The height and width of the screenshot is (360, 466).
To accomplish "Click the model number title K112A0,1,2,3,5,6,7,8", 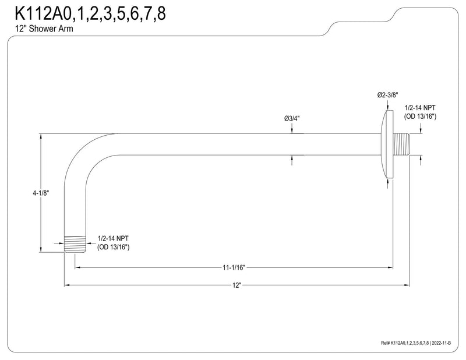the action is coord(90,13).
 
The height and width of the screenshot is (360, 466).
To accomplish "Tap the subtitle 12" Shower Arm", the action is coord(44,29).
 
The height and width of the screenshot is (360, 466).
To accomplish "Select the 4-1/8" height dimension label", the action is coord(41,193).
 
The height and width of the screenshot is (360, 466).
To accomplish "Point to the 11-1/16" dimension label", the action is coord(234,267).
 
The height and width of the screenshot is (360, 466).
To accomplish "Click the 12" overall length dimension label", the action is coord(236,285).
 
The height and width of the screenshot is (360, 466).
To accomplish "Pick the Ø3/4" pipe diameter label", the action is coord(292,119).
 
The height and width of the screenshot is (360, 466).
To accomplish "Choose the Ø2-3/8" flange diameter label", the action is coord(387,95).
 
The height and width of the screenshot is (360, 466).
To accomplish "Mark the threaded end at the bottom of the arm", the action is coord(75,245).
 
